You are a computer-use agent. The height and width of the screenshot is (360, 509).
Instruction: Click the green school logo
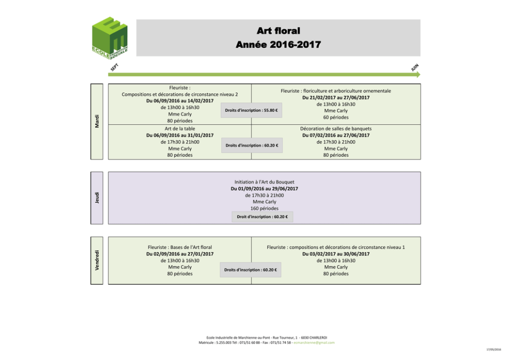109,36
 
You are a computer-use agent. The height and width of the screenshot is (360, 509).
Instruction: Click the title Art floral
278,32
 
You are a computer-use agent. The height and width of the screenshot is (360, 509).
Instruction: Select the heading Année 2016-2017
278,45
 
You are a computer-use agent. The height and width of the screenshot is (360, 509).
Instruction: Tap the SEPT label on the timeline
115,67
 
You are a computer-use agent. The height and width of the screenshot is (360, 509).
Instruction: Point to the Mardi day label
97,122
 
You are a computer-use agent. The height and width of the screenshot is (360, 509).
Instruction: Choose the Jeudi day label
97,197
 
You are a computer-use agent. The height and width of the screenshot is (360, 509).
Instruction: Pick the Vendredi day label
97,259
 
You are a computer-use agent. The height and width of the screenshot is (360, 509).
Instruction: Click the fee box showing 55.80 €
251,110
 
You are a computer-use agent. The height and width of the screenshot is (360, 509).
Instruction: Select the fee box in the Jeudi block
262,217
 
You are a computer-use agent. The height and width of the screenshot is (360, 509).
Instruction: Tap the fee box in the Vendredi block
250,270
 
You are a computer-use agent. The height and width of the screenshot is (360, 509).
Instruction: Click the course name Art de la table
180,129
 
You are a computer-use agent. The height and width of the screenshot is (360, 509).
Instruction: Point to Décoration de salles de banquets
336,129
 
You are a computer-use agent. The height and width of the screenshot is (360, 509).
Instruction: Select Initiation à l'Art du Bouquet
264,182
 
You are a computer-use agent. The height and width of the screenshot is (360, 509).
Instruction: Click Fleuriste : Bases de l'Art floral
180,247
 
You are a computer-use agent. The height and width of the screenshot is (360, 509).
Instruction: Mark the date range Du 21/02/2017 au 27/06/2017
336,97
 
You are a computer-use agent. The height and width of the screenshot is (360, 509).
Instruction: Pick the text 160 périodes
264,208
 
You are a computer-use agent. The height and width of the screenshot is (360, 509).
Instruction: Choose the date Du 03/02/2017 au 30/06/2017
336,254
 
